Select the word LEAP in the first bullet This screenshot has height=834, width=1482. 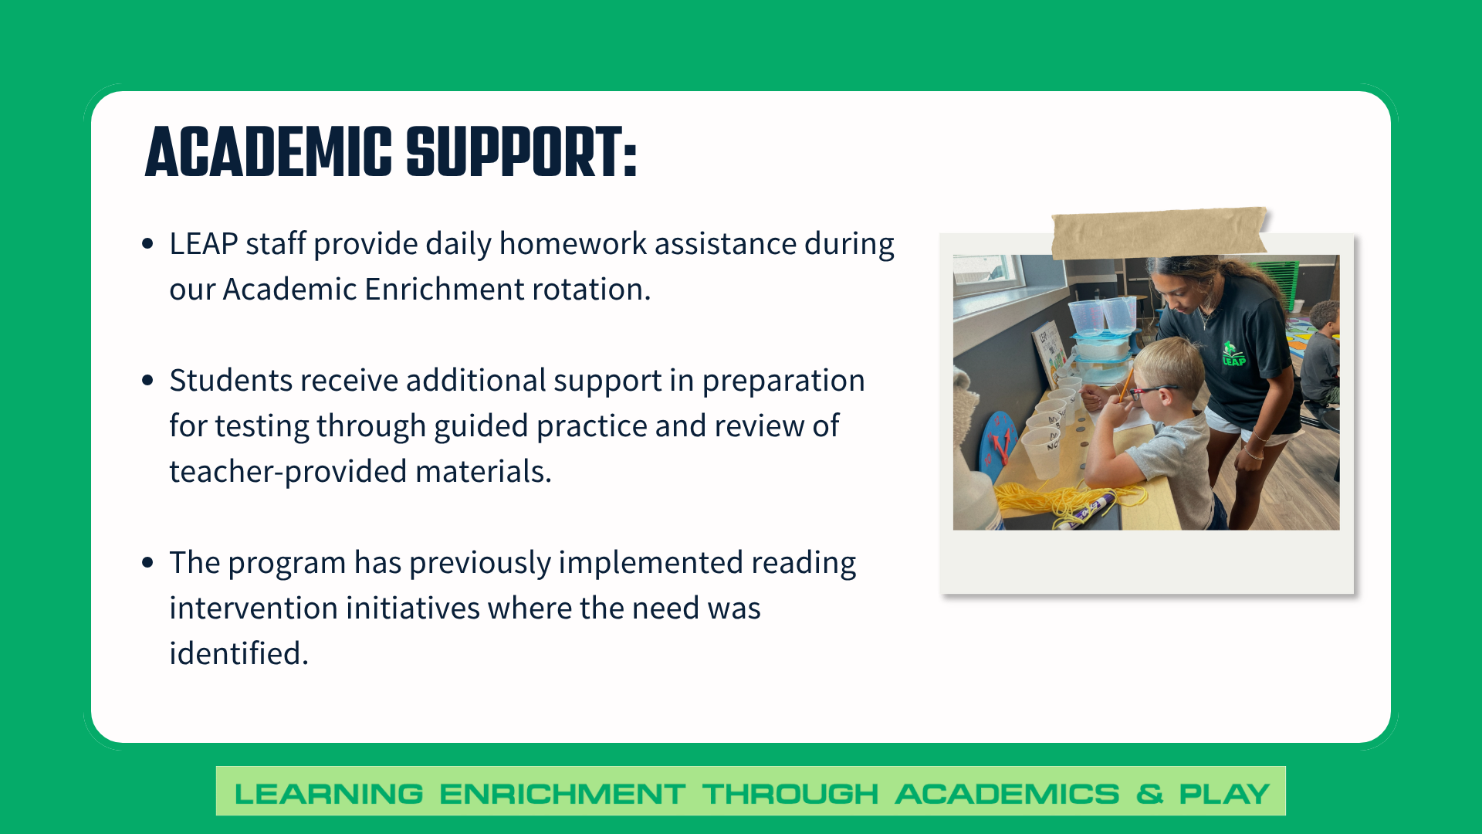[x=203, y=244]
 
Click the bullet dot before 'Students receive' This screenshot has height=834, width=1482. [x=148, y=380]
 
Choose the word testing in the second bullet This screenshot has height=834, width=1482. [x=262, y=426]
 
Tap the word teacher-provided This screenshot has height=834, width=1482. [x=288, y=472]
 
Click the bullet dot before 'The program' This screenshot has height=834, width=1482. [x=148, y=562]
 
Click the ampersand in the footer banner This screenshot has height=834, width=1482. [x=1149, y=793]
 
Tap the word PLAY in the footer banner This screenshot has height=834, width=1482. [x=1224, y=793]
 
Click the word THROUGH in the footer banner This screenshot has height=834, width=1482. [x=790, y=793]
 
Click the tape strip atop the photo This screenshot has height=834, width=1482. [x=1158, y=232]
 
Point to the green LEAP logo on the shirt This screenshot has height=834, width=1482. [x=1233, y=354]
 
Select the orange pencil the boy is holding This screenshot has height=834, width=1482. [x=1126, y=383]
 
